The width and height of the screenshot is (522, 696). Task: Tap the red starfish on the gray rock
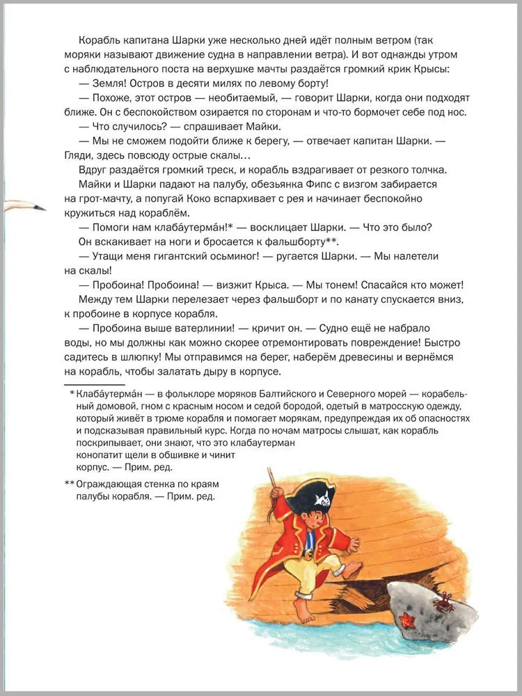pos(407,619)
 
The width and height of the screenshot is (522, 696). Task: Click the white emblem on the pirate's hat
pos(322,498)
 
